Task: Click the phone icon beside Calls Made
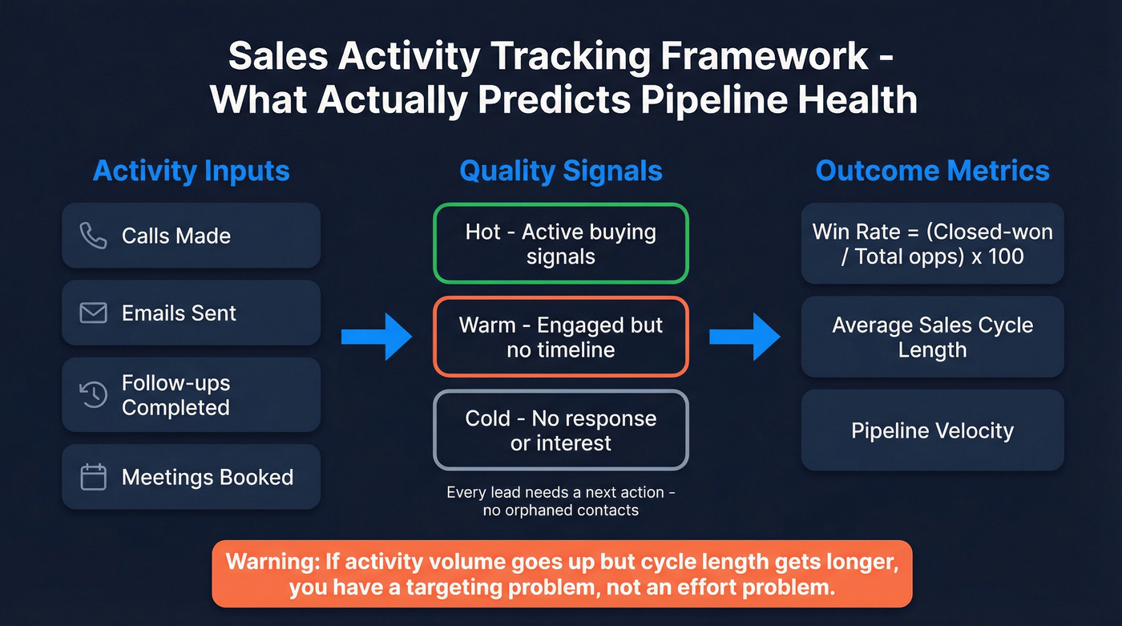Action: point(94,236)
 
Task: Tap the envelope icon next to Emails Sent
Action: point(94,313)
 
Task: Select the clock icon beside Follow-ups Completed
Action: point(94,394)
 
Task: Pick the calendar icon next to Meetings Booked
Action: point(94,477)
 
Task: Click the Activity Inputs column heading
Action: point(191,171)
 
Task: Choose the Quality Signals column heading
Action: point(560,171)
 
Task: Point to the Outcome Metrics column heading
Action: point(932,171)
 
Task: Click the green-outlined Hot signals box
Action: point(560,244)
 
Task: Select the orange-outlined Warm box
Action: point(560,337)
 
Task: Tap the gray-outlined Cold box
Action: point(560,430)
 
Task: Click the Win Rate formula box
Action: point(932,244)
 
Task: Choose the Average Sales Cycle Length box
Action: point(932,337)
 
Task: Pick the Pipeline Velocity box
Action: point(932,430)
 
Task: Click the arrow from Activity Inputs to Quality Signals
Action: point(376,337)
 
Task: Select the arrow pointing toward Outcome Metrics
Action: point(745,337)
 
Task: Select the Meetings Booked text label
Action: point(208,477)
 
